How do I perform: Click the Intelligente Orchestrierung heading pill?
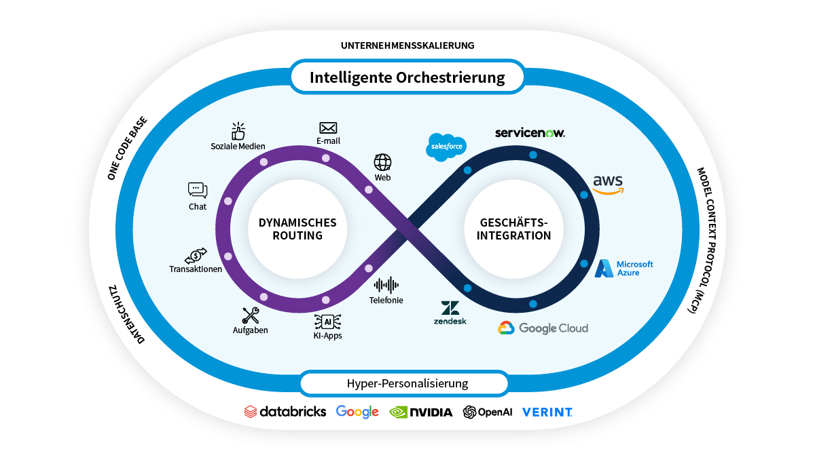pos(407,77)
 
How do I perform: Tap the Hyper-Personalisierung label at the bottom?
pos(407,383)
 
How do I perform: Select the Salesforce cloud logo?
pos(446,147)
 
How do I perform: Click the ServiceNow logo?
pos(530,133)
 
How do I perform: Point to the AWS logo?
pos(608,184)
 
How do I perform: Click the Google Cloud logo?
pos(543,328)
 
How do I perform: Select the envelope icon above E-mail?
pos(328,128)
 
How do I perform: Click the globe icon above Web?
pos(382,162)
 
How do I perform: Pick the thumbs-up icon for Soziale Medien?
pos(238,131)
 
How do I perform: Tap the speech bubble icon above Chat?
pos(198,191)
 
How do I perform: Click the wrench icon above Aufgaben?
pos(250,315)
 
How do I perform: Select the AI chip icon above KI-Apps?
pos(327,321)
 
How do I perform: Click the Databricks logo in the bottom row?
pos(285,412)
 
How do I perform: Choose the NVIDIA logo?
pos(420,412)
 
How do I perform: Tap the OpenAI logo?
pos(487,412)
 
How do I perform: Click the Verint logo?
pos(547,412)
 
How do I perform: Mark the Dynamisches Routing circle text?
pos(297,229)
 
